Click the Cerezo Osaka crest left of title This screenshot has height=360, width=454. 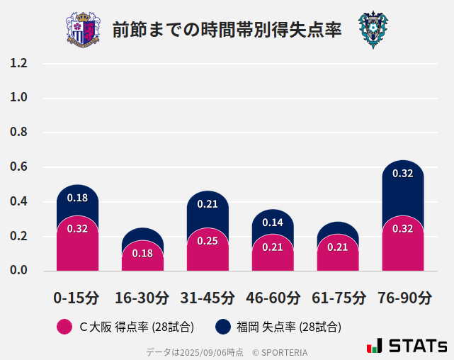(x=83, y=30)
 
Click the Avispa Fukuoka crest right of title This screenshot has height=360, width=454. (x=373, y=30)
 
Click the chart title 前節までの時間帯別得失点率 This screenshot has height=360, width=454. (x=227, y=30)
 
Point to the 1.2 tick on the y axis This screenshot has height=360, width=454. (x=19, y=64)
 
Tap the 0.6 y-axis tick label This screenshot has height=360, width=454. (x=19, y=167)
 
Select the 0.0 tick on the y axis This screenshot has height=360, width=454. (x=19, y=271)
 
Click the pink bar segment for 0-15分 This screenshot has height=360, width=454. (x=77, y=244)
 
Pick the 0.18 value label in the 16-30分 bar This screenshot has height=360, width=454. (x=142, y=253)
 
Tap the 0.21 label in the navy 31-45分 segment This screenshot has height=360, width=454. (x=208, y=204)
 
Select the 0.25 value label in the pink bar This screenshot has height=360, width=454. (x=208, y=241)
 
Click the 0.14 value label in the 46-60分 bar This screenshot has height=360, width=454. (x=273, y=223)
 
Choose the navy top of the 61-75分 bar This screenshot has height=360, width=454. (x=338, y=228)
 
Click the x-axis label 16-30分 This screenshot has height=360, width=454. (x=142, y=297)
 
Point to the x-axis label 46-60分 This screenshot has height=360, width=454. (x=273, y=297)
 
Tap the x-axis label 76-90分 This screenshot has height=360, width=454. (x=404, y=297)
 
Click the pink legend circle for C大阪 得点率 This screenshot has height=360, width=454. (x=64, y=327)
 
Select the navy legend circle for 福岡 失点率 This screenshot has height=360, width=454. (x=223, y=327)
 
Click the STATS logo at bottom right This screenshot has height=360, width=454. (x=407, y=346)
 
